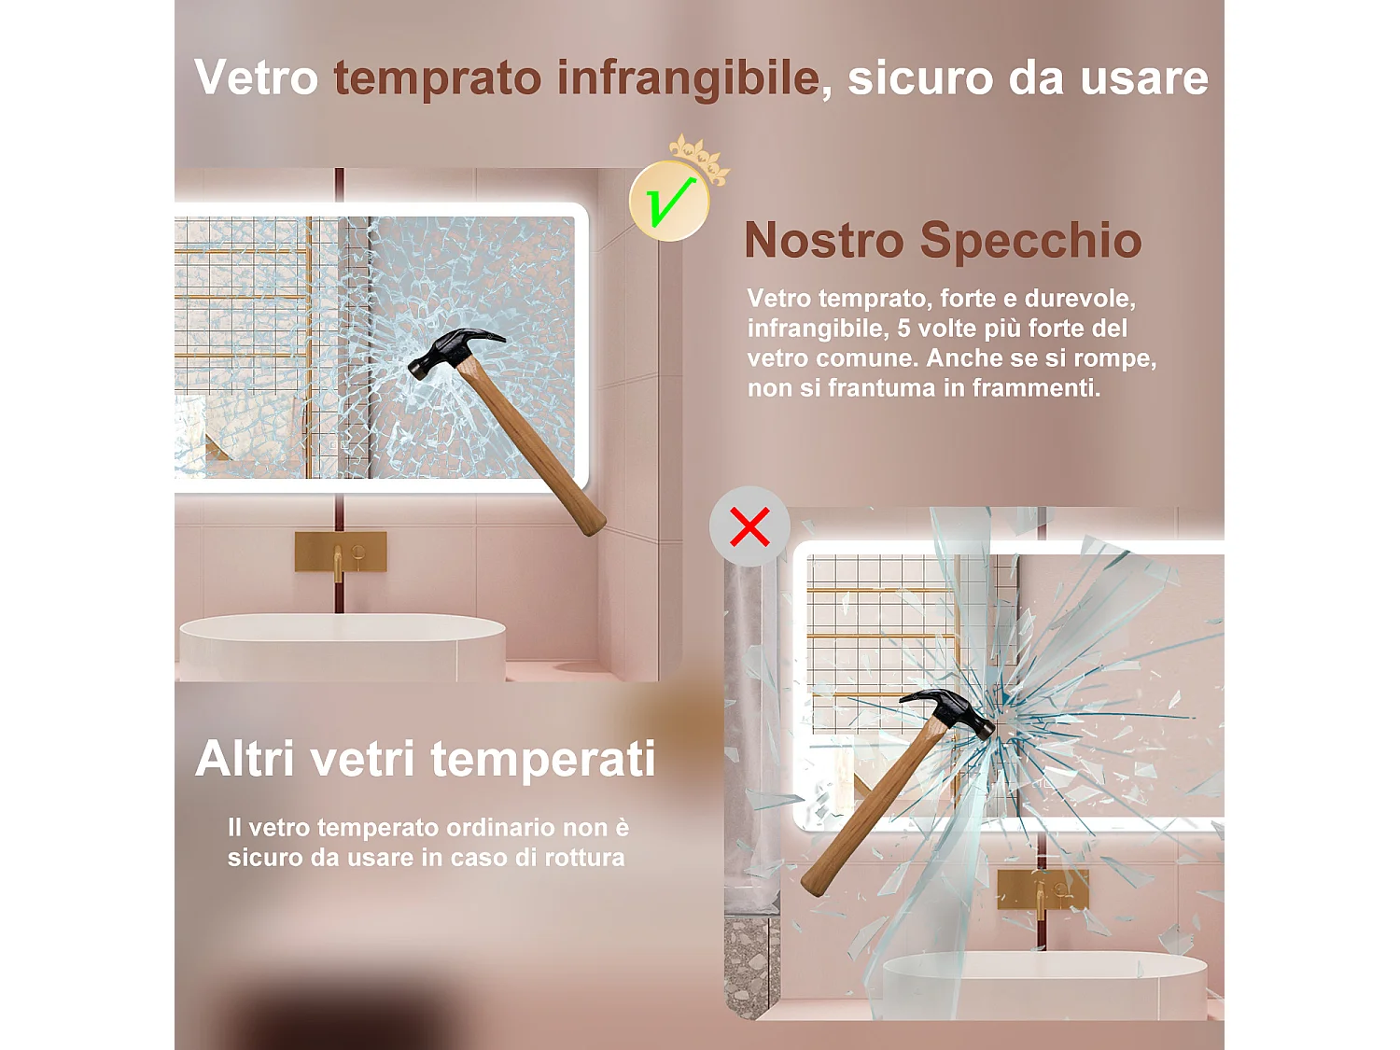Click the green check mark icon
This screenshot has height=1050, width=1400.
coord(669,201)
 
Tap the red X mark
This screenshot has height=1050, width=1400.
coord(749,526)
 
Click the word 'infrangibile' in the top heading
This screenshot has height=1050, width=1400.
coord(688,77)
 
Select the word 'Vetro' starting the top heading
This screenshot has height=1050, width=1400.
coord(257,77)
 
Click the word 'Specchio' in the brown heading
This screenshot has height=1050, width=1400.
coord(1030,241)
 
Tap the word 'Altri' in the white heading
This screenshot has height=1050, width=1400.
coord(245,758)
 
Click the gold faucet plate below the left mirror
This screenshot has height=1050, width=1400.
coord(341,552)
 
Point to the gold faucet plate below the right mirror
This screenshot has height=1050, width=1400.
coord(1043,889)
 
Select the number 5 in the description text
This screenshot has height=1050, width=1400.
coord(903,329)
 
